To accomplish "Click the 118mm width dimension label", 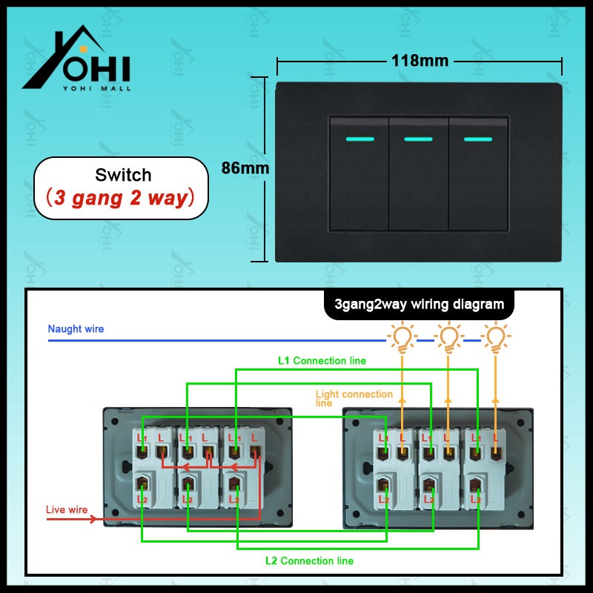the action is [x=420, y=61].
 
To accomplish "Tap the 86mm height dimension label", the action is [x=245, y=168].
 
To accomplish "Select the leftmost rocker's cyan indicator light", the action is [x=360, y=139].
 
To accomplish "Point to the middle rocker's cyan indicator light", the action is [x=418, y=139].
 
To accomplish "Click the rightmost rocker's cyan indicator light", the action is [x=478, y=139].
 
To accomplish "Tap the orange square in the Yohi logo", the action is [x=84, y=49].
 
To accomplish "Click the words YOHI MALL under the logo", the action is [x=97, y=88].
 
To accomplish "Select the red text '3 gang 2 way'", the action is [x=121, y=198].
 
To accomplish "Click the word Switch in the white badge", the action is [x=123, y=175].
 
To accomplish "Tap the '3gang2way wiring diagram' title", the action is [x=419, y=305].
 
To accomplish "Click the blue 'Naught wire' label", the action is [x=76, y=328].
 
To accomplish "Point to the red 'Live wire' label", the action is [x=67, y=510].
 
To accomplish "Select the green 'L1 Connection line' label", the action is [x=322, y=360].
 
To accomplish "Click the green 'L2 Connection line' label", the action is [x=309, y=560].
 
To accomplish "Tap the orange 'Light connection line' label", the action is [x=354, y=398].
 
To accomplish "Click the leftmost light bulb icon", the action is [x=402, y=337].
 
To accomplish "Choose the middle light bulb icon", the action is [x=449, y=337].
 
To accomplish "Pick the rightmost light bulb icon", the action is [x=496, y=337].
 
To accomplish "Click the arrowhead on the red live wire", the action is [x=93, y=519].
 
